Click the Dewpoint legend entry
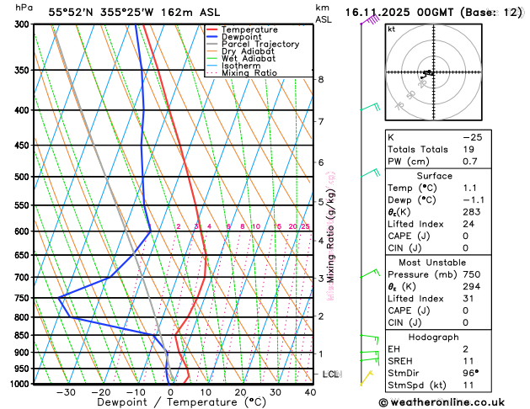point(242,37)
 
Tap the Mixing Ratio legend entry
point(249,73)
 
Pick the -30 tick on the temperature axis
point(66,392)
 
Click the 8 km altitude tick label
point(321,79)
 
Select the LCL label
point(331,374)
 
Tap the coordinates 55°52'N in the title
point(70,13)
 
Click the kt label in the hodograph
point(391,29)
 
